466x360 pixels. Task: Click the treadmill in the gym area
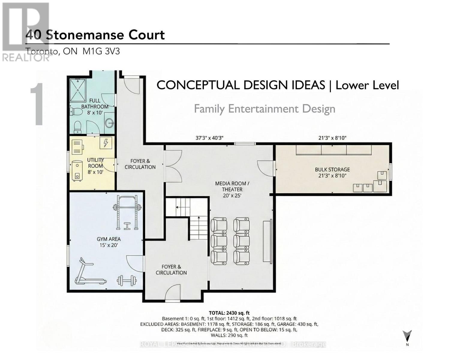pyautogui.click(x=90, y=272)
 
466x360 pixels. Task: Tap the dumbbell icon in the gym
pyautogui.click(x=127, y=281)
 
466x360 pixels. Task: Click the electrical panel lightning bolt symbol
pyautogui.click(x=106, y=143)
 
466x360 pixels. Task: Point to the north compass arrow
pyautogui.click(x=407, y=336)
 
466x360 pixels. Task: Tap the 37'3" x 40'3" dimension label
pyautogui.click(x=209, y=138)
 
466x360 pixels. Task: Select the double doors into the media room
pyautogui.click(x=173, y=166)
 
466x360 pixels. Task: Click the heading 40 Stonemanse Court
pyautogui.click(x=95, y=35)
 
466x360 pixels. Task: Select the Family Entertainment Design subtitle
pyautogui.click(x=264, y=109)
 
